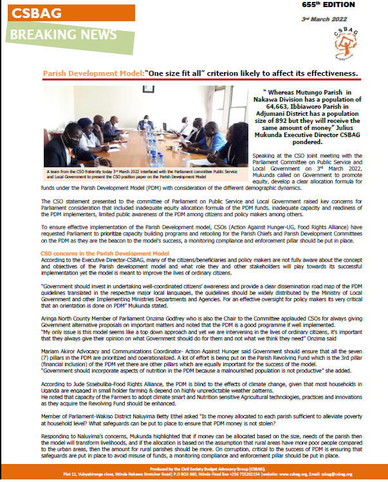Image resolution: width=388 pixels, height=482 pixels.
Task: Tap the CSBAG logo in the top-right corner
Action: [x=355, y=44]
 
